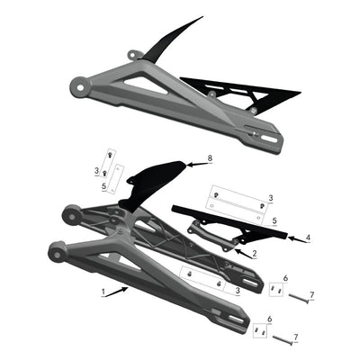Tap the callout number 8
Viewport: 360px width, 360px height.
pyautogui.click(x=210, y=157)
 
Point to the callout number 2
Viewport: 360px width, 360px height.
pyautogui.click(x=255, y=254)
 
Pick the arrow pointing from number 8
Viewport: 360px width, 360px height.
pyautogui.click(x=195, y=162)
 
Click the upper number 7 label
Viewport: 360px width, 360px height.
pyautogui.click(x=312, y=296)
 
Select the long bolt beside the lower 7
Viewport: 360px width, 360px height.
pyautogui.click(x=282, y=338)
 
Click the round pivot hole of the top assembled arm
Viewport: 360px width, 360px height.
pyautogui.click(x=83, y=88)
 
